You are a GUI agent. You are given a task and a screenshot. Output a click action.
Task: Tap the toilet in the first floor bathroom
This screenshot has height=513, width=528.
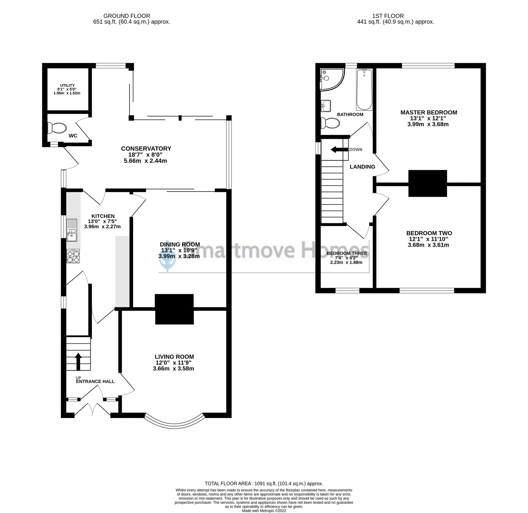coord(330,123)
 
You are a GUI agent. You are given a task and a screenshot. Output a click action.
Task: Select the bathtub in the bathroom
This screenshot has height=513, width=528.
coord(364,89)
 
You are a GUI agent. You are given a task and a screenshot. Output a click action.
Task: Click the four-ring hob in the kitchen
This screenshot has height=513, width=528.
coord(73,256)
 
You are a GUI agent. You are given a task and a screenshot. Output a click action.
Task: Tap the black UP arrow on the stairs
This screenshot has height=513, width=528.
coord(78,361)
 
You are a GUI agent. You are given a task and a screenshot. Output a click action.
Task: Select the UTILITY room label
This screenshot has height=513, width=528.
coord(67,85)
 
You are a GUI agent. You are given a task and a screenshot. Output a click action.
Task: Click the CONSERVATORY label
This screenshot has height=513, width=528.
coord(146,148)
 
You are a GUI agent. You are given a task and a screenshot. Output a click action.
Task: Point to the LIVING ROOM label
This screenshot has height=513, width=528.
coord(174,357)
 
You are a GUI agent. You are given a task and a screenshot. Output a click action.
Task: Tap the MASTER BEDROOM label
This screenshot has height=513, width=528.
coord(428,112)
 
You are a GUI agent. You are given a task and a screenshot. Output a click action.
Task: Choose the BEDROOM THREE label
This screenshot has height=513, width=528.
coord(347,253)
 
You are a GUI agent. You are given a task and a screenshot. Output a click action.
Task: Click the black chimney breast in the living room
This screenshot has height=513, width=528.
coord(174,309)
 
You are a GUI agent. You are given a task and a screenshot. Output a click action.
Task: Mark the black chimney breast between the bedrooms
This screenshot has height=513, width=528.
coord(427,183)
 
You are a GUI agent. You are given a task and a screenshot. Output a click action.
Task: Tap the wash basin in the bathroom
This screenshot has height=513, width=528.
coord(326,106)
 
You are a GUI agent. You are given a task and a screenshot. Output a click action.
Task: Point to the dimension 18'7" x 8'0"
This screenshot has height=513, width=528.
coord(146,155)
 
